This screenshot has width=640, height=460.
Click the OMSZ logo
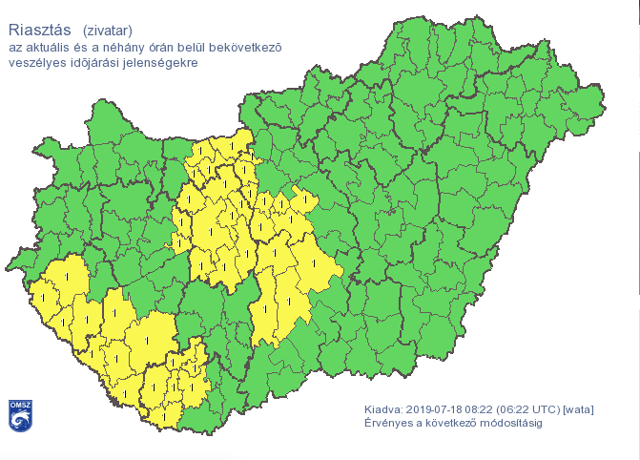pyautogui.click(x=21, y=416)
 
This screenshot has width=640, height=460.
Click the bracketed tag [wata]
pyautogui.click(x=580, y=409)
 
